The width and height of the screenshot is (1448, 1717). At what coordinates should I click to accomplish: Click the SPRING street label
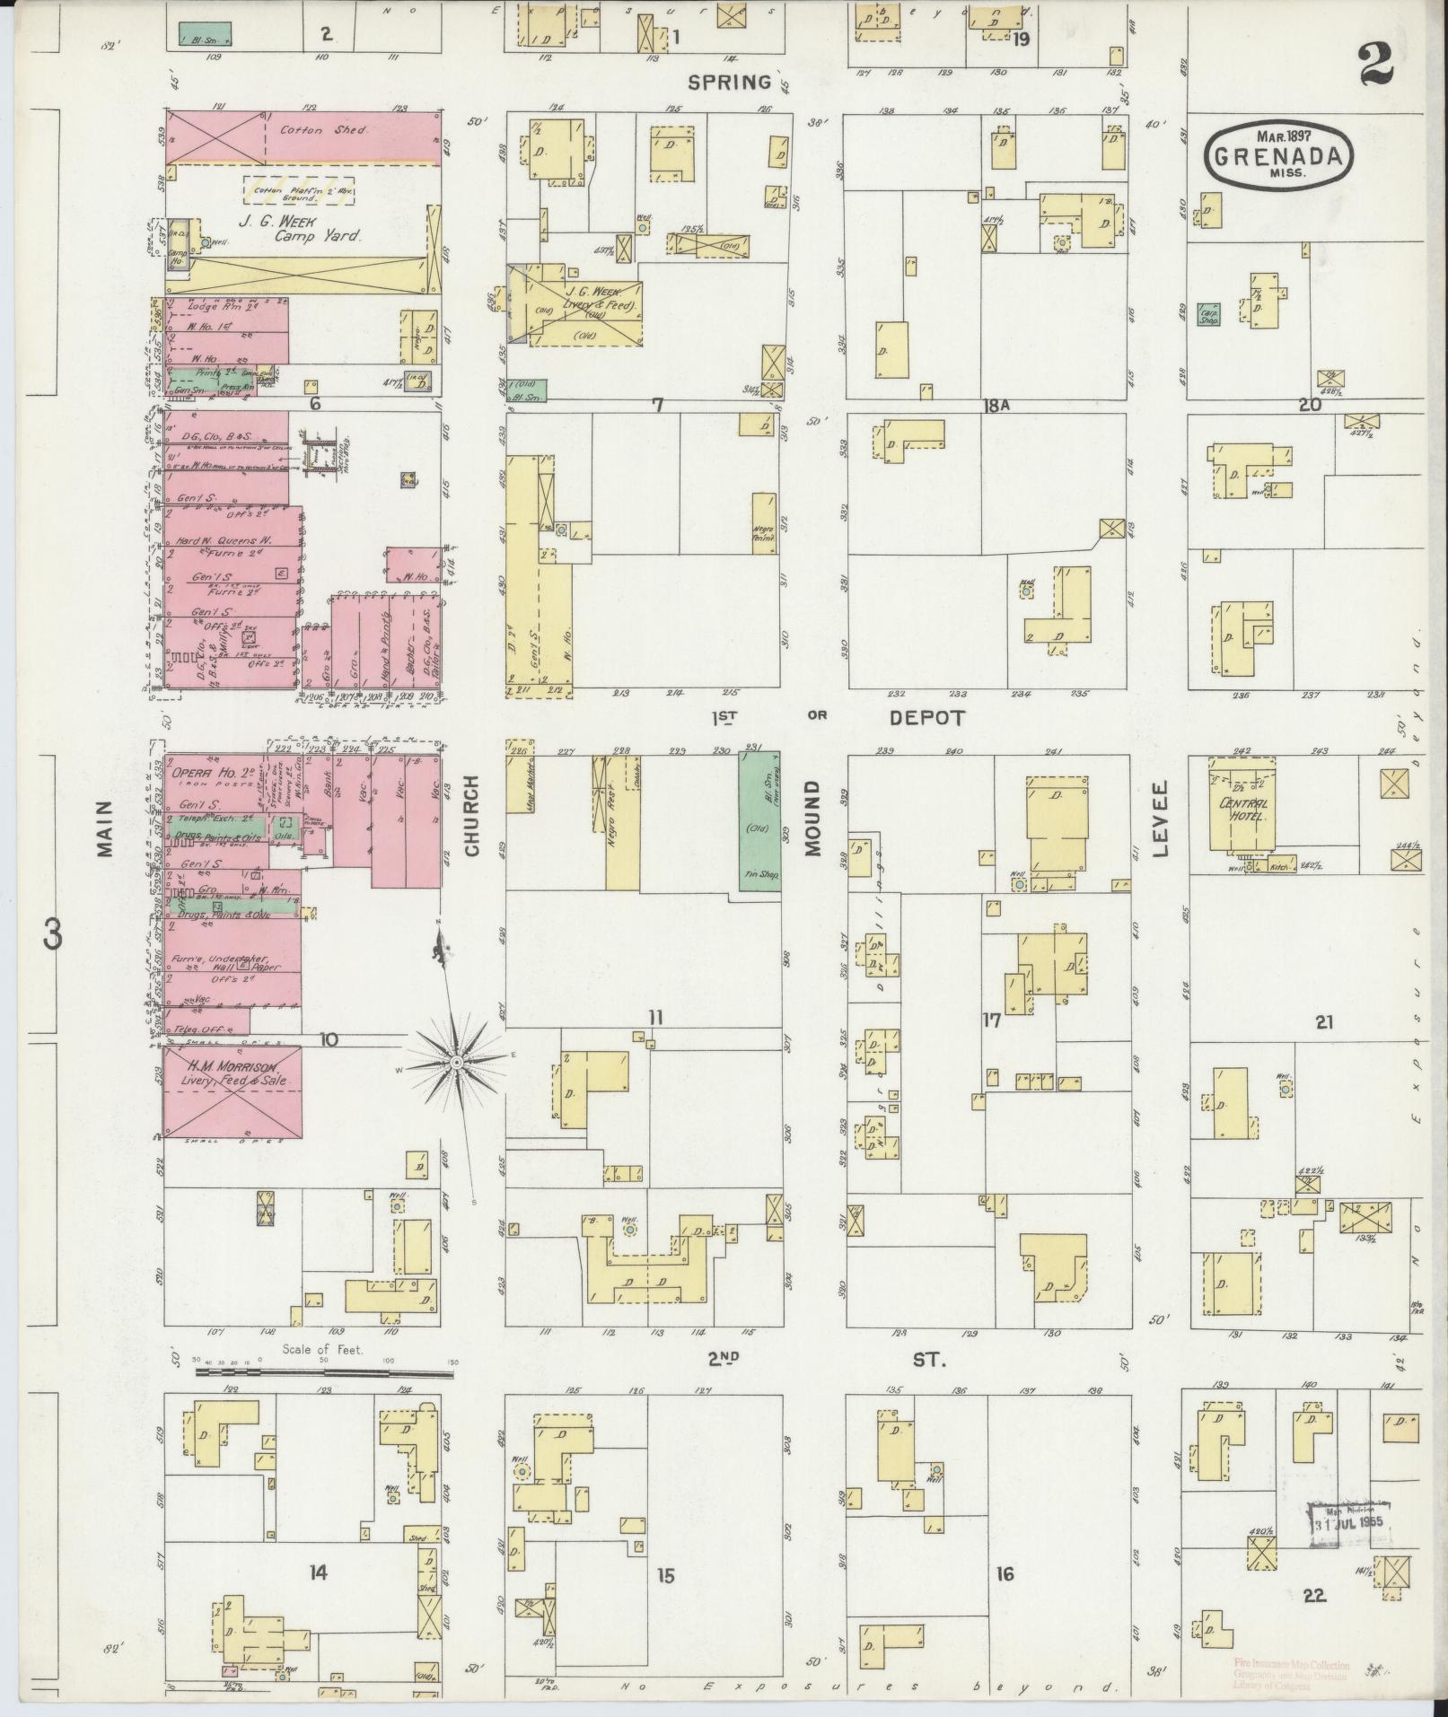coord(729,83)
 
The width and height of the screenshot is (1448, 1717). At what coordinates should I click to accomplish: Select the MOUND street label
coord(813,817)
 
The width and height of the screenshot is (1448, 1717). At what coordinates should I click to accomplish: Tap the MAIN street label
coord(105,829)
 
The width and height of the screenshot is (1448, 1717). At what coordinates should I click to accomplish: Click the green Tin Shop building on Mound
coord(759,821)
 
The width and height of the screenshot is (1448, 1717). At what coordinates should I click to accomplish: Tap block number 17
coord(990,1021)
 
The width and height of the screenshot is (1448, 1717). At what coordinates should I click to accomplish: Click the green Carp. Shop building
coord(1207,313)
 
